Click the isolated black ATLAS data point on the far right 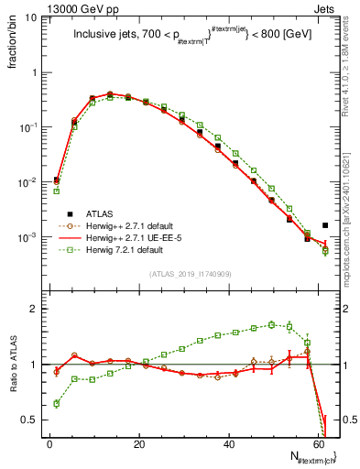coord(325,224)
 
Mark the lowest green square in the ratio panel coord(57,403)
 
